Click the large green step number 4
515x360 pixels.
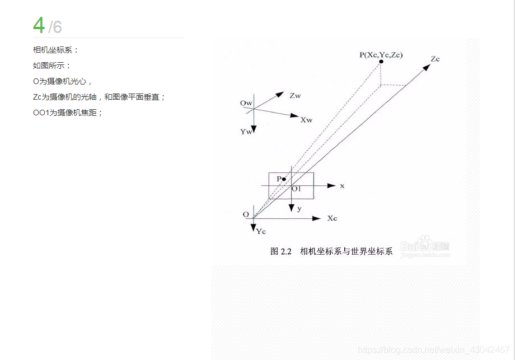(39, 25)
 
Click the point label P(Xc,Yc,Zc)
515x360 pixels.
(381, 54)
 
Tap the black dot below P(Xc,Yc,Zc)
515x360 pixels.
(381, 62)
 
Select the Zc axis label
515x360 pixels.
(436, 58)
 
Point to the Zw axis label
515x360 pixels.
(295, 96)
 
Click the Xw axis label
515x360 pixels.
(306, 120)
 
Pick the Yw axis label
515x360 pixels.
(246, 132)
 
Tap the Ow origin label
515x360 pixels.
(246, 104)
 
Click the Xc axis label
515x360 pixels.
(333, 218)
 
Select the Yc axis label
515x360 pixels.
(261, 231)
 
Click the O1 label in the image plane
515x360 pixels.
(296, 189)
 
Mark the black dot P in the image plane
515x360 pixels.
(284, 179)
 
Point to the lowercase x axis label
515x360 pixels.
(342, 185)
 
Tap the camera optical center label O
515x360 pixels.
(246, 214)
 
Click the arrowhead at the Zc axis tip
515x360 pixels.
(427, 67)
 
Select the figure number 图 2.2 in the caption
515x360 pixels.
(282, 251)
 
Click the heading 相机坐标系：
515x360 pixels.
(56, 50)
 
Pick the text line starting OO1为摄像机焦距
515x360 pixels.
(68, 113)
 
